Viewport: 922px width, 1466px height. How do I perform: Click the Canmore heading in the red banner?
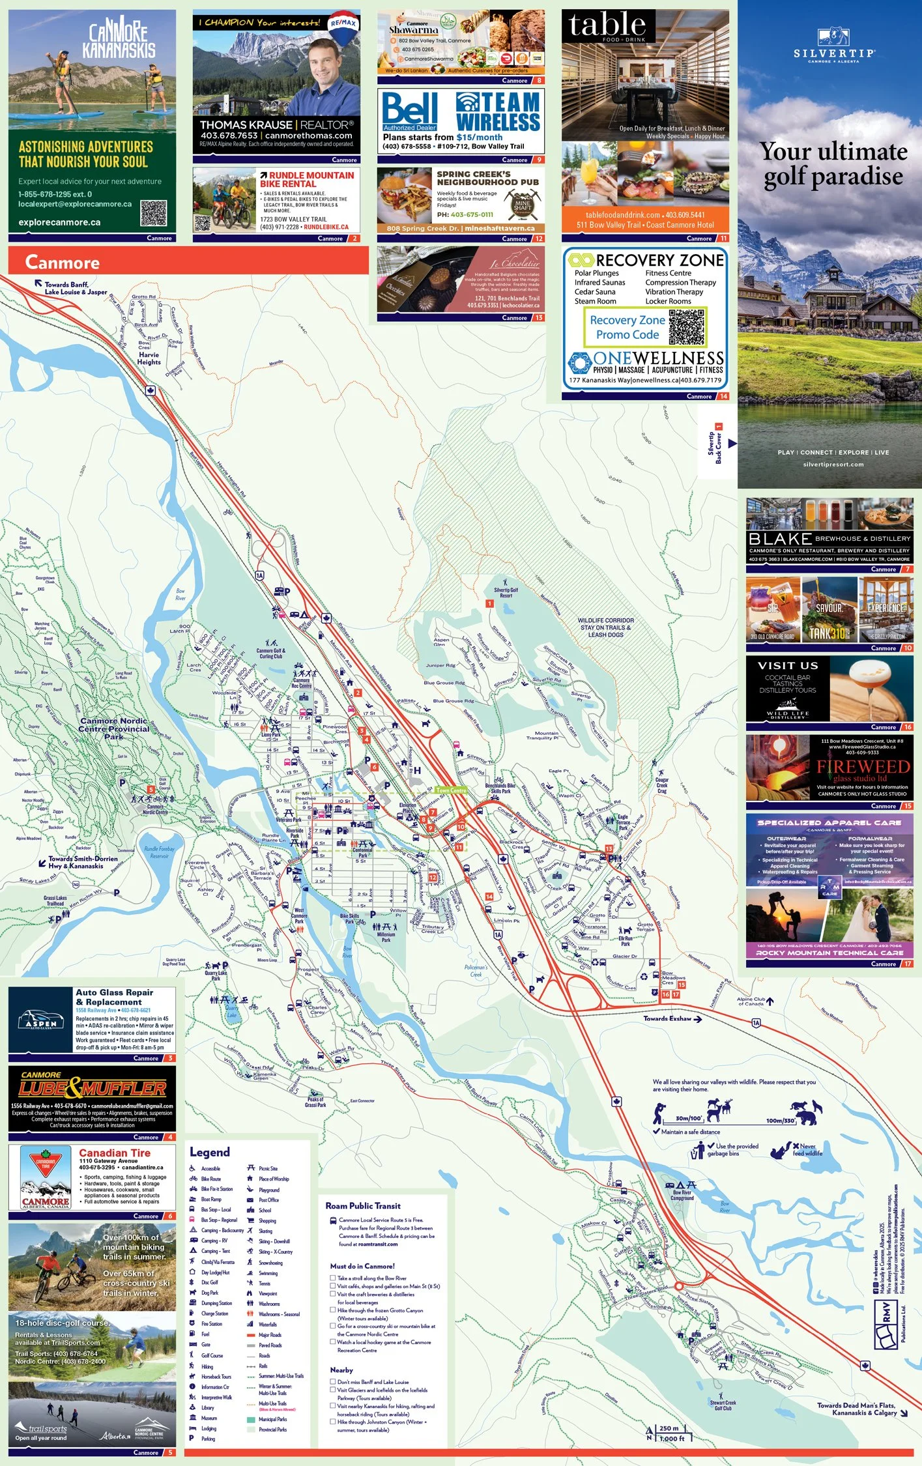(x=63, y=263)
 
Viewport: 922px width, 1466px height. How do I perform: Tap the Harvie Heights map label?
(x=149, y=358)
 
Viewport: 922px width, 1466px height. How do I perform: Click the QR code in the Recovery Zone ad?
(x=686, y=327)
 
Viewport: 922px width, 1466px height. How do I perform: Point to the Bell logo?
(x=409, y=108)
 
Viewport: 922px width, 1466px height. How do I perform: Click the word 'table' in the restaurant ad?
(x=607, y=26)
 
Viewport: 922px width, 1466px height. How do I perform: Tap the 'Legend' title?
(x=209, y=1152)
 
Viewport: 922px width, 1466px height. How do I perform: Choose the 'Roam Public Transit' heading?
(x=363, y=1206)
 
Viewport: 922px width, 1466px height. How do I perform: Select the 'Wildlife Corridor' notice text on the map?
(x=605, y=627)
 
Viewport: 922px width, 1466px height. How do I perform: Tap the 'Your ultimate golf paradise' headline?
(x=833, y=164)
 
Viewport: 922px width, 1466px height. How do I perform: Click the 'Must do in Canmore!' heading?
(x=362, y=1266)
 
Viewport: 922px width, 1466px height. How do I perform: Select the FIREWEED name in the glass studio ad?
(x=863, y=767)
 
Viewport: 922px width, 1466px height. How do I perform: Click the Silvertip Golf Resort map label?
(x=506, y=592)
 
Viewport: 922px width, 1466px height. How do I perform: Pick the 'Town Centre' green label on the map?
(x=451, y=790)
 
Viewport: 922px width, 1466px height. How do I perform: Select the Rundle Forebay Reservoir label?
(x=159, y=852)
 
